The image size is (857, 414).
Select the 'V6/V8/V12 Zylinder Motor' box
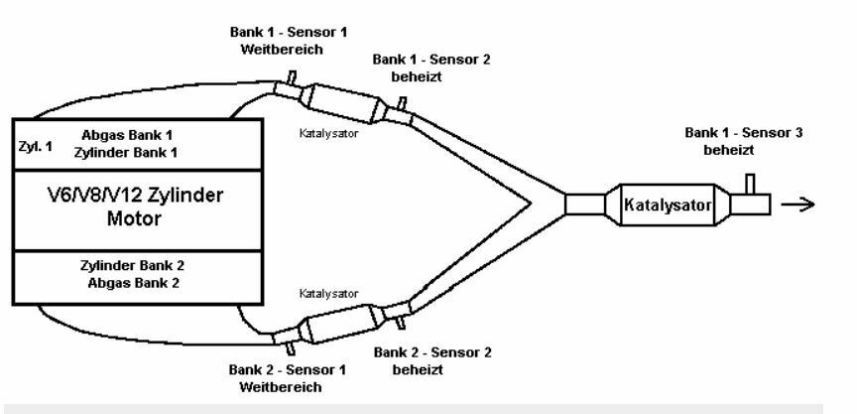137,209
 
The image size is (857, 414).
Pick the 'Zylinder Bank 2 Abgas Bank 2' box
137,275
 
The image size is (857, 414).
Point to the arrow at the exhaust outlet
798,205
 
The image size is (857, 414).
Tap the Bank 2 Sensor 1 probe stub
290,346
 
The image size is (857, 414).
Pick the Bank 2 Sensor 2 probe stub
402,321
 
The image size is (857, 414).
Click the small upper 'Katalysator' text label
327,130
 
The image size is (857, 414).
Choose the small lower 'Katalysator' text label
327,294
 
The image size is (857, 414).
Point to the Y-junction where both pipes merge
536,204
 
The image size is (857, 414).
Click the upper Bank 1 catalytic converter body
342,101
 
